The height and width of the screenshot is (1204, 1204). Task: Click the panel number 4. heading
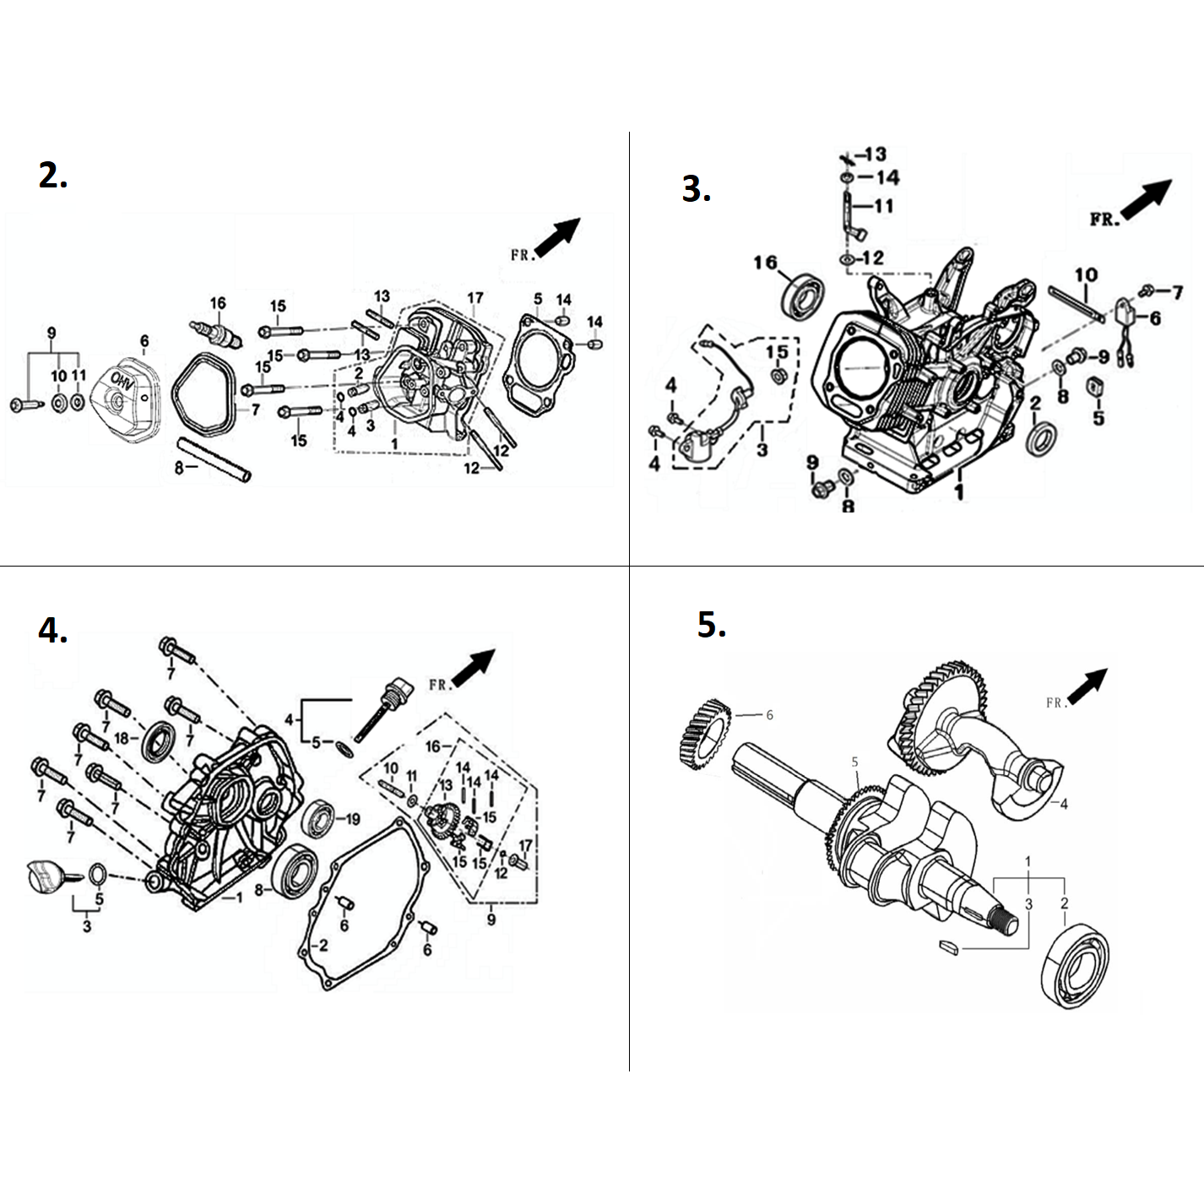coord(52,630)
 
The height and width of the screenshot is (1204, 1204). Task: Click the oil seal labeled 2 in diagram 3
coord(1041,440)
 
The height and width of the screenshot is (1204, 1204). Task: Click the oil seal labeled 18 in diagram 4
coord(158,740)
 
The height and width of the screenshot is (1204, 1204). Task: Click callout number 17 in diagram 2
coord(475,297)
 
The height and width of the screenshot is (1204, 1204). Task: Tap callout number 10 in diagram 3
coord(1086,274)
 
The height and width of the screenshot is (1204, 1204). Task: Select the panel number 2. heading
coord(52,176)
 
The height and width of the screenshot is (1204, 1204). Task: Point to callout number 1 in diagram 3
coord(959,491)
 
